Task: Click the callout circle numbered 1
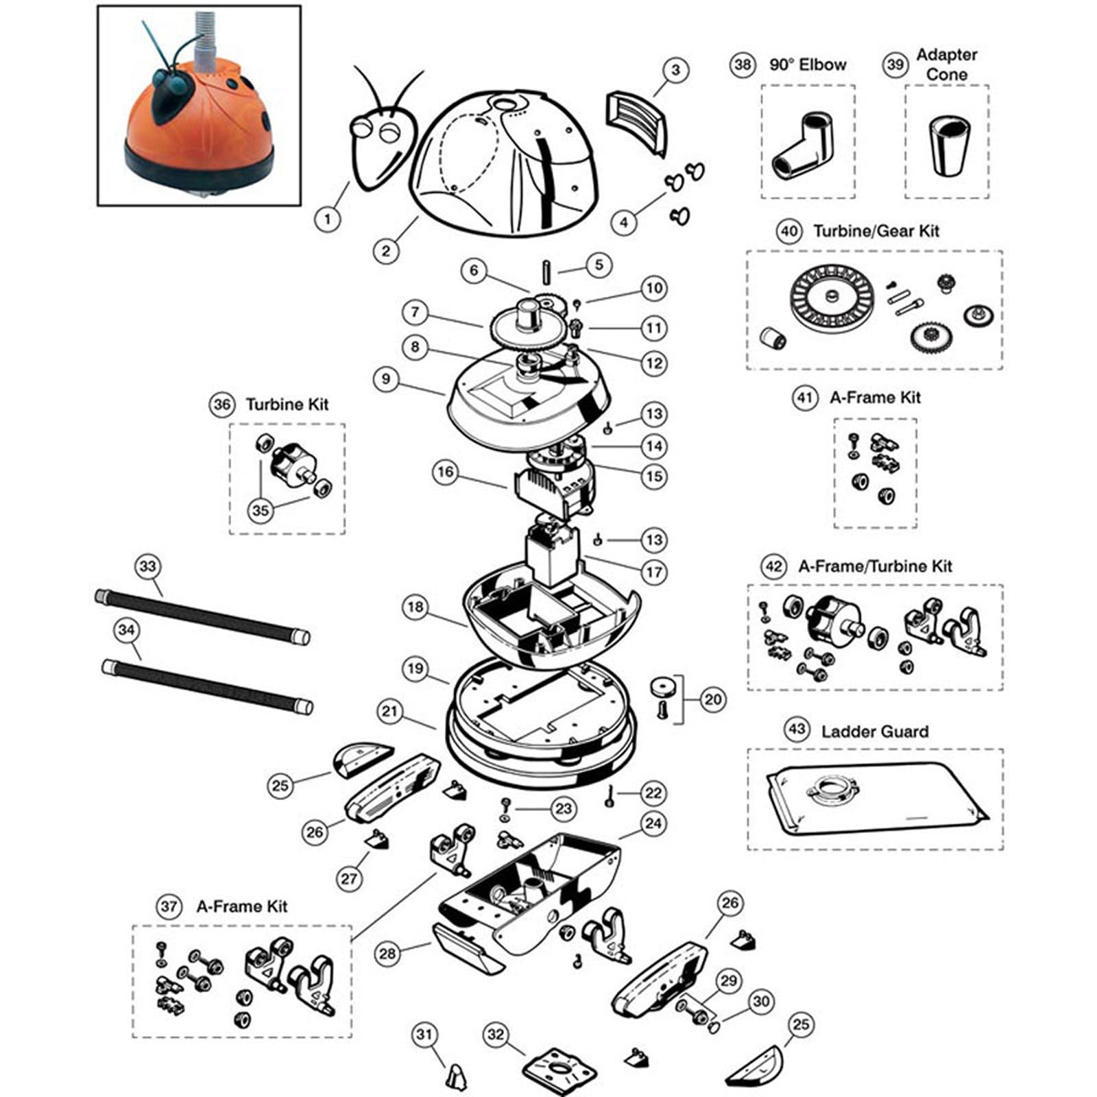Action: tap(328, 219)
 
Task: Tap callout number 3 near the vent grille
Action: tap(675, 70)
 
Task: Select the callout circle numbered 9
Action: tap(386, 379)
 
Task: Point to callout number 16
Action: tap(446, 472)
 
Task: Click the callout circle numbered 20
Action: tap(713, 699)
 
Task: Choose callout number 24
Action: tap(653, 823)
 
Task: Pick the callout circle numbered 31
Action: tap(424, 1035)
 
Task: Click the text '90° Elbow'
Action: tap(808, 64)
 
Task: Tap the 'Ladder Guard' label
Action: tap(875, 732)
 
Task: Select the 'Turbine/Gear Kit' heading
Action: tap(876, 231)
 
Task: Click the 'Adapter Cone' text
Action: tap(946, 64)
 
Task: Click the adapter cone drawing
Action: tap(947, 144)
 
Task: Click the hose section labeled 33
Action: tap(202, 617)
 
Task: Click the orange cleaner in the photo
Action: tap(199, 123)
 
